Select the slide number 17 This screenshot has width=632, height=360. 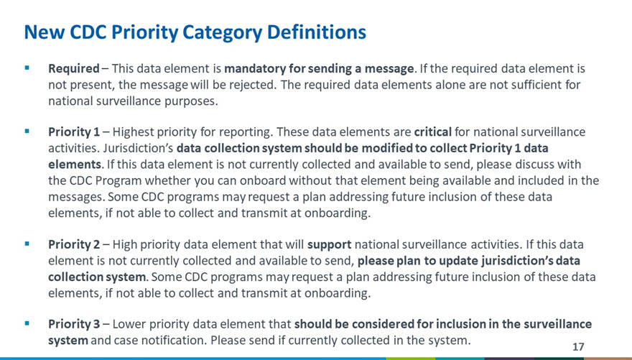coord(578,346)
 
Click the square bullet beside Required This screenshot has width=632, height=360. coord(27,68)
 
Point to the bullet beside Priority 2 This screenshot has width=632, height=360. coord(27,244)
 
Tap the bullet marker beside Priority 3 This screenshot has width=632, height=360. coord(27,323)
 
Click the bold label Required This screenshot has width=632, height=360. coord(74,68)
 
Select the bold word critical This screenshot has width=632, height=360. coord(433,131)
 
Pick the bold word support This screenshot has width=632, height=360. coord(330,245)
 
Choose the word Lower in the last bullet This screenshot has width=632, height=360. coord(126,324)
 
